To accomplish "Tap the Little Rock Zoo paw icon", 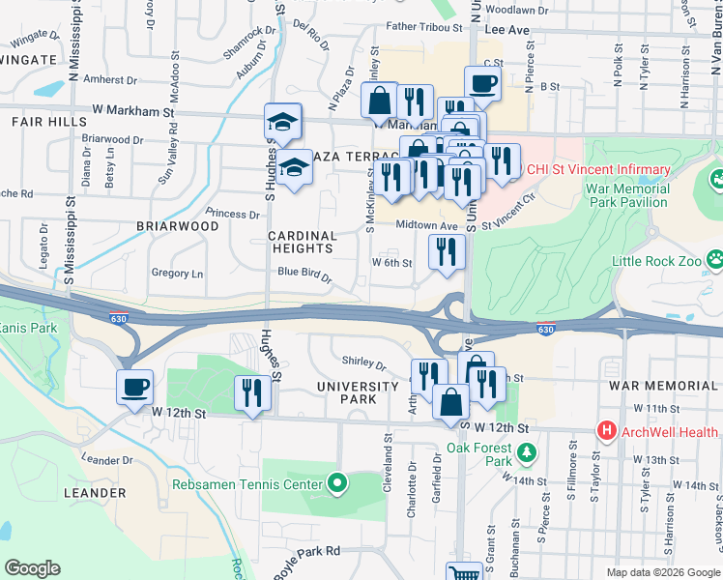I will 714,260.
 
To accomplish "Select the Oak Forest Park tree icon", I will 526,452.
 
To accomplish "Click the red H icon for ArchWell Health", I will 606,430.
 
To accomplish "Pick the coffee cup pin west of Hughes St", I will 134,387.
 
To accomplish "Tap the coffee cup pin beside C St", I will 483,83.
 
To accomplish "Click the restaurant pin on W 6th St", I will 447,252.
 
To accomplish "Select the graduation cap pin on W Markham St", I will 283,122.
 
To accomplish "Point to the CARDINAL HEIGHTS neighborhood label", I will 303,242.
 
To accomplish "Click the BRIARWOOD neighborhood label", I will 178,226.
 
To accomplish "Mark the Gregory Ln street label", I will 177,274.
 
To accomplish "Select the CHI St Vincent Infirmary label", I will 599,170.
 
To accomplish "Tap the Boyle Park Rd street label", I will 306,551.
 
